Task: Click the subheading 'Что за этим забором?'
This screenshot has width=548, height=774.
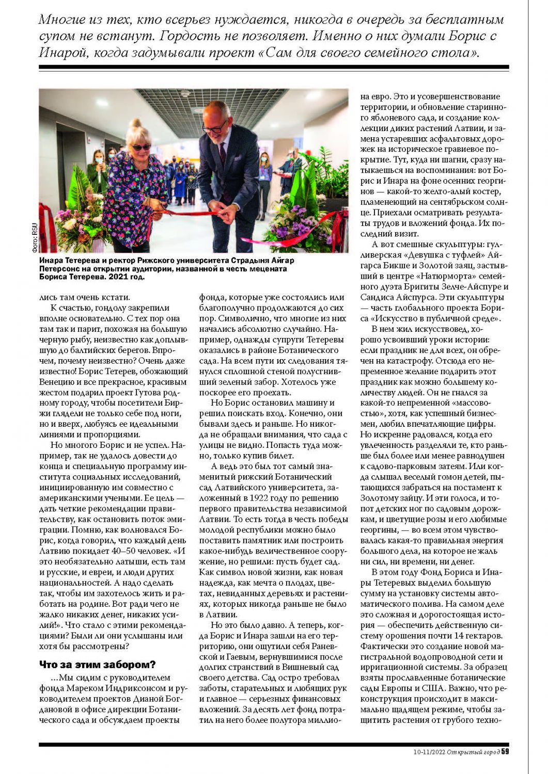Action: click(98, 665)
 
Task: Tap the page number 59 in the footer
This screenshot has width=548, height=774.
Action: click(505, 751)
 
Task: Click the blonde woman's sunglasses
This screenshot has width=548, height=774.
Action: click(141, 147)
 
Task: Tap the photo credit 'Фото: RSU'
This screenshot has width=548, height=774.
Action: click(35, 237)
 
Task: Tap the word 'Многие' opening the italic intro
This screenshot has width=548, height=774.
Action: click(62, 20)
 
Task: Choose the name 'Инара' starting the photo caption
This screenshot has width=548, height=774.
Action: click(51, 261)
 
